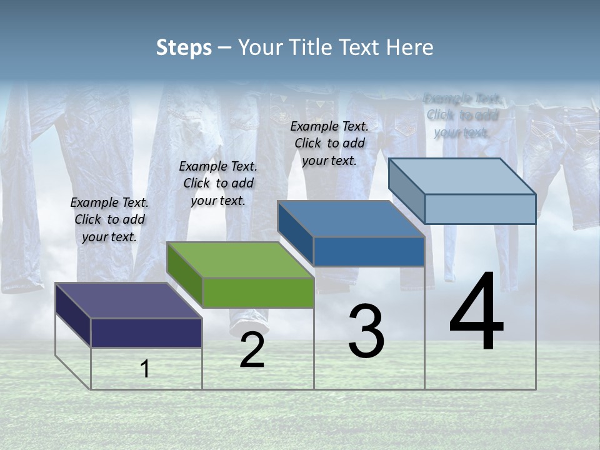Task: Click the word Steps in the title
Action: (x=184, y=47)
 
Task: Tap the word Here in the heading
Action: (x=410, y=47)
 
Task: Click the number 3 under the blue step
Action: (x=366, y=331)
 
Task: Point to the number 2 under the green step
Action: (x=252, y=351)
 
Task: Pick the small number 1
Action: (x=145, y=369)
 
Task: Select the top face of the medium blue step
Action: (x=351, y=219)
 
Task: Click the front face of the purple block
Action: (x=146, y=332)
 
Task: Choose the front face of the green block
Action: (x=258, y=292)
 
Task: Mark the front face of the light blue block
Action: (x=480, y=209)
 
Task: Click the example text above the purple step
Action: (x=109, y=219)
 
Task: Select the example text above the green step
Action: (x=218, y=183)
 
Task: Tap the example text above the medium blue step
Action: (x=329, y=143)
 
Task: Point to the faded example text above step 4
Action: (x=462, y=115)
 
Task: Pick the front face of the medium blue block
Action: (x=369, y=251)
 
